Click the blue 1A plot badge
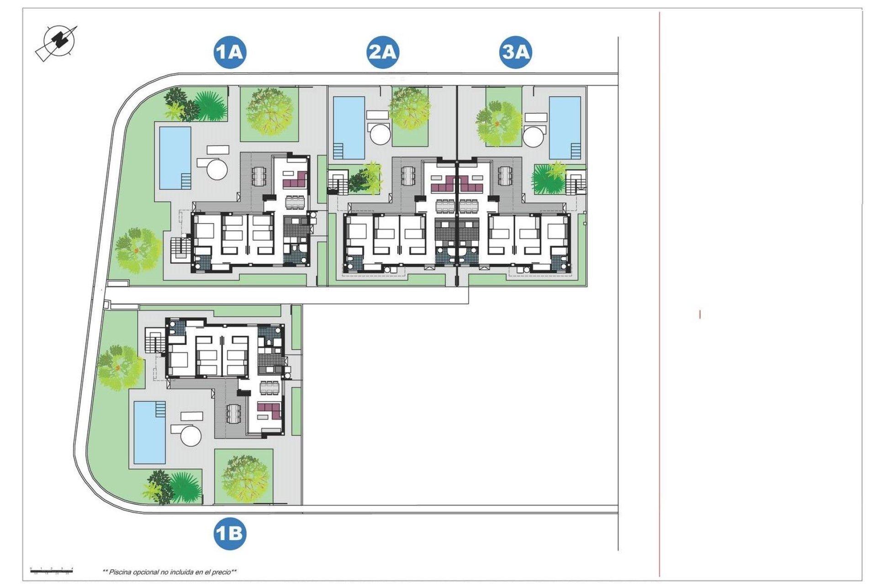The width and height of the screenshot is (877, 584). [230, 52]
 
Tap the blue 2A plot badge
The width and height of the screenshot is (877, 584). [383, 52]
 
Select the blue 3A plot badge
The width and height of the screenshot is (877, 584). [515, 52]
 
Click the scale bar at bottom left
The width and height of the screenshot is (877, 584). [52, 570]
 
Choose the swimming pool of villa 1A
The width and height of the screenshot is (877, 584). [174, 157]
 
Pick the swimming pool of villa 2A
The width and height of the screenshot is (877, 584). [349, 126]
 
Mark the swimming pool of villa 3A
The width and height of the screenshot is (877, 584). [565, 127]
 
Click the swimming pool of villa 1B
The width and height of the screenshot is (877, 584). [150, 432]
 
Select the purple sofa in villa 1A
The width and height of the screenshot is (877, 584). [295, 180]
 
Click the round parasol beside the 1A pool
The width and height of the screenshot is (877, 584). [217, 169]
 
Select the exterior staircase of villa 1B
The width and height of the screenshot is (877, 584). [155, 340]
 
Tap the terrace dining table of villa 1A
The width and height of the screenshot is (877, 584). [259, 176]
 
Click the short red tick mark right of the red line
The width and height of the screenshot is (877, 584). [700, 314]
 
